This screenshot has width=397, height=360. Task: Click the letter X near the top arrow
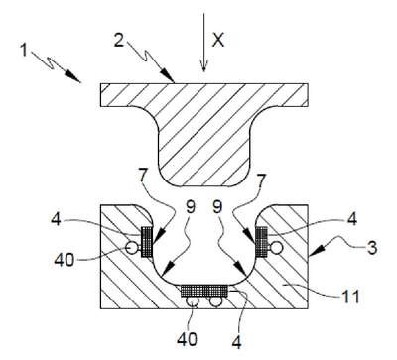pos(218,40)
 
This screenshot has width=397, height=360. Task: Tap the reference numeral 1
pos(23,51)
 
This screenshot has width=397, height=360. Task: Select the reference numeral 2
pos(119,40)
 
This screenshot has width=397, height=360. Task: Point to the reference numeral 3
pos(372,248)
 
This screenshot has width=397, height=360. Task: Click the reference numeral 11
pos(350,297)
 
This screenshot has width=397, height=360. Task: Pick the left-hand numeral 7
pos(142,177)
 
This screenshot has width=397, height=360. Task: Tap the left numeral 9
pos(191,207)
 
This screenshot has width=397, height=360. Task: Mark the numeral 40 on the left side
pos(65,260)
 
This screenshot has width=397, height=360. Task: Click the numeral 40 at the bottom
pos(188,339)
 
